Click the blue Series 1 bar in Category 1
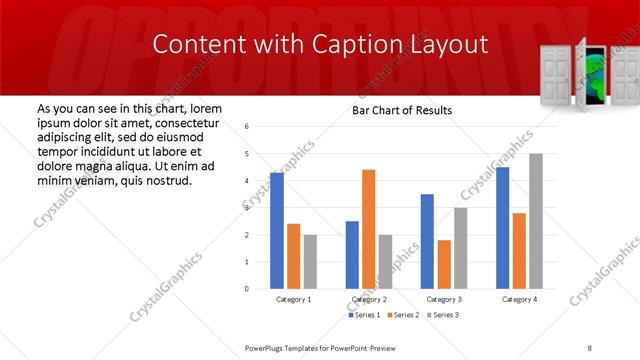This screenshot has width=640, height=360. click(277, 231)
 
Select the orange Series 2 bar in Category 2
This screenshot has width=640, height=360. click(368, 229)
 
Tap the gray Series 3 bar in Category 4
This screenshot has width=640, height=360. click(536, 221)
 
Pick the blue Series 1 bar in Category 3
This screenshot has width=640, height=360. click(427, 241)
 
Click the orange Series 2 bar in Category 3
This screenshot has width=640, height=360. click(444, 264)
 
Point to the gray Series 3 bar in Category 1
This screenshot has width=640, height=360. click(310, 261)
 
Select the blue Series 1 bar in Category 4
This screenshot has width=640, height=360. click(502, 228)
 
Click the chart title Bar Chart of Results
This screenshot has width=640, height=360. click(402, 110)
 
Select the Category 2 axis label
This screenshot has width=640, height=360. click(368, 299)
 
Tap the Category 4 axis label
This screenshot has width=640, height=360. click(519, 299)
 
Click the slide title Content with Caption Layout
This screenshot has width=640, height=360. click(320, 45)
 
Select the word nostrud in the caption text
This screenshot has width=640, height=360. click(165, 181)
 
